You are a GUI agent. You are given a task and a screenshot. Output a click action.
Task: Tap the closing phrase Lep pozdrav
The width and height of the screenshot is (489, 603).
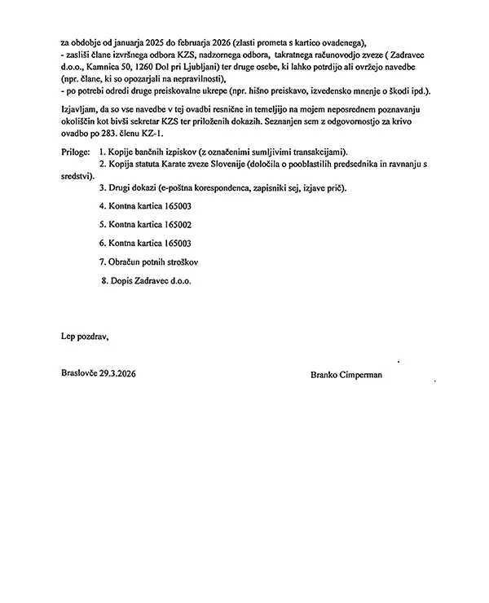[85, 335]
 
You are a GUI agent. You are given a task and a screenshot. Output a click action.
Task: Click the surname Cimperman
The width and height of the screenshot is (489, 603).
[361, 375]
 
